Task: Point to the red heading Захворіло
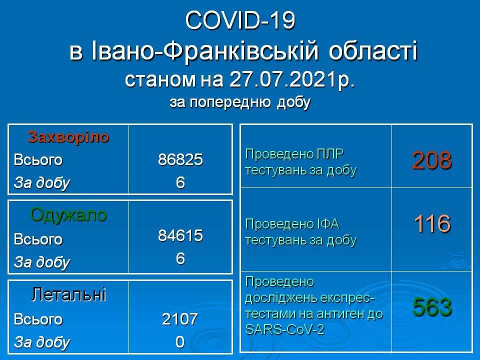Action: (68, 137)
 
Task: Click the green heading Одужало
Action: (68, 215)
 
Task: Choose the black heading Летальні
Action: (68, 294)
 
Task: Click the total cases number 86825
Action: (180, 159)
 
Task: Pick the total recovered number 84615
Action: (180, 235)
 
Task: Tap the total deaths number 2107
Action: (180, 319)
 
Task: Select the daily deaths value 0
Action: (180, 342)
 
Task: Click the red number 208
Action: (431, 160)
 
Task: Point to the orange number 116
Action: (432, 223)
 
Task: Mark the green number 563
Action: (432, 306)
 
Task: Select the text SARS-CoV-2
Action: (284, 329)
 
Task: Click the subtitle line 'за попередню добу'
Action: (240, 102)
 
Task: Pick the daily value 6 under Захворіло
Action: (180, 182)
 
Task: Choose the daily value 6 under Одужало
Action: (180, 258)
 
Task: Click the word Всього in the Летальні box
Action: (38, 319)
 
